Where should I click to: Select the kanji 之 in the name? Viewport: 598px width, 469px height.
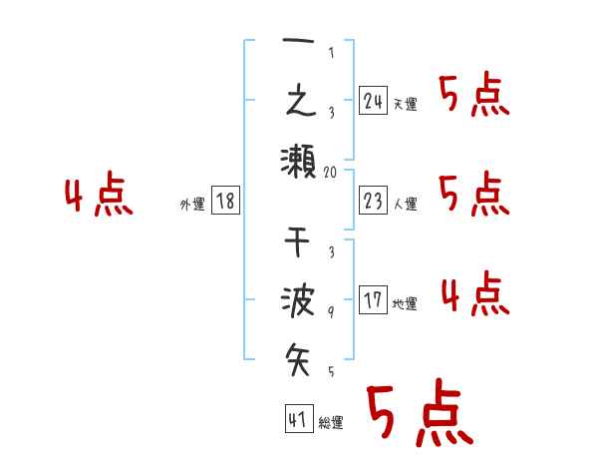299,100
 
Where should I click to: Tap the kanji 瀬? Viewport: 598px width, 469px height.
299,159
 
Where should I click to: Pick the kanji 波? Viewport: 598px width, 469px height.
299,300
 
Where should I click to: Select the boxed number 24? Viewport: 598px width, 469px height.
374,101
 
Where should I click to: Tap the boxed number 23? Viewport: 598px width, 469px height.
374,202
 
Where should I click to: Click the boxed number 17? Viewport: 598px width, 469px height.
374,300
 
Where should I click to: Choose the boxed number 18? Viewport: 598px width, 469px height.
225,202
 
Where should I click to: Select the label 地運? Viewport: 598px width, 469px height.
405,304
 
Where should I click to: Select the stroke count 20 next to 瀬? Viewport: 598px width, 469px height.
332,172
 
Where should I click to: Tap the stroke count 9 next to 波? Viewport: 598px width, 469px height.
332,312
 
